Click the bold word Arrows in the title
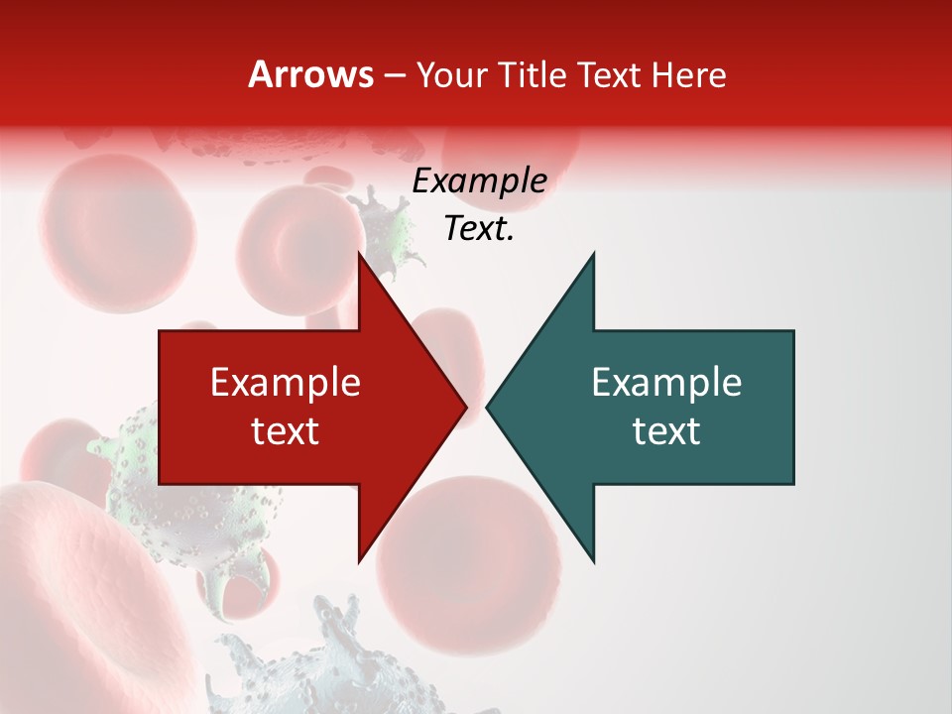coord(310,74)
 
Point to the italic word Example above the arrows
coord(479,180)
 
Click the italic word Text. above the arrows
coord(479,229)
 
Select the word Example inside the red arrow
coord(286,382)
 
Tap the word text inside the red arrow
coord(286,430)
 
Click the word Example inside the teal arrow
coord(666,382)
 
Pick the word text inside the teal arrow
coord(666,430)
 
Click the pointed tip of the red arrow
coord(465,407)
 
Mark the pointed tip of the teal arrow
coord(488,407)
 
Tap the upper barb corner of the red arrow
coord(359,254)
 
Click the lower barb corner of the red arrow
coord(359,560)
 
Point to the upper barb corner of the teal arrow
coord(593,254)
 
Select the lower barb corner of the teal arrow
coord(593,560)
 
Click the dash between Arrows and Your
coord(394,75)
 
